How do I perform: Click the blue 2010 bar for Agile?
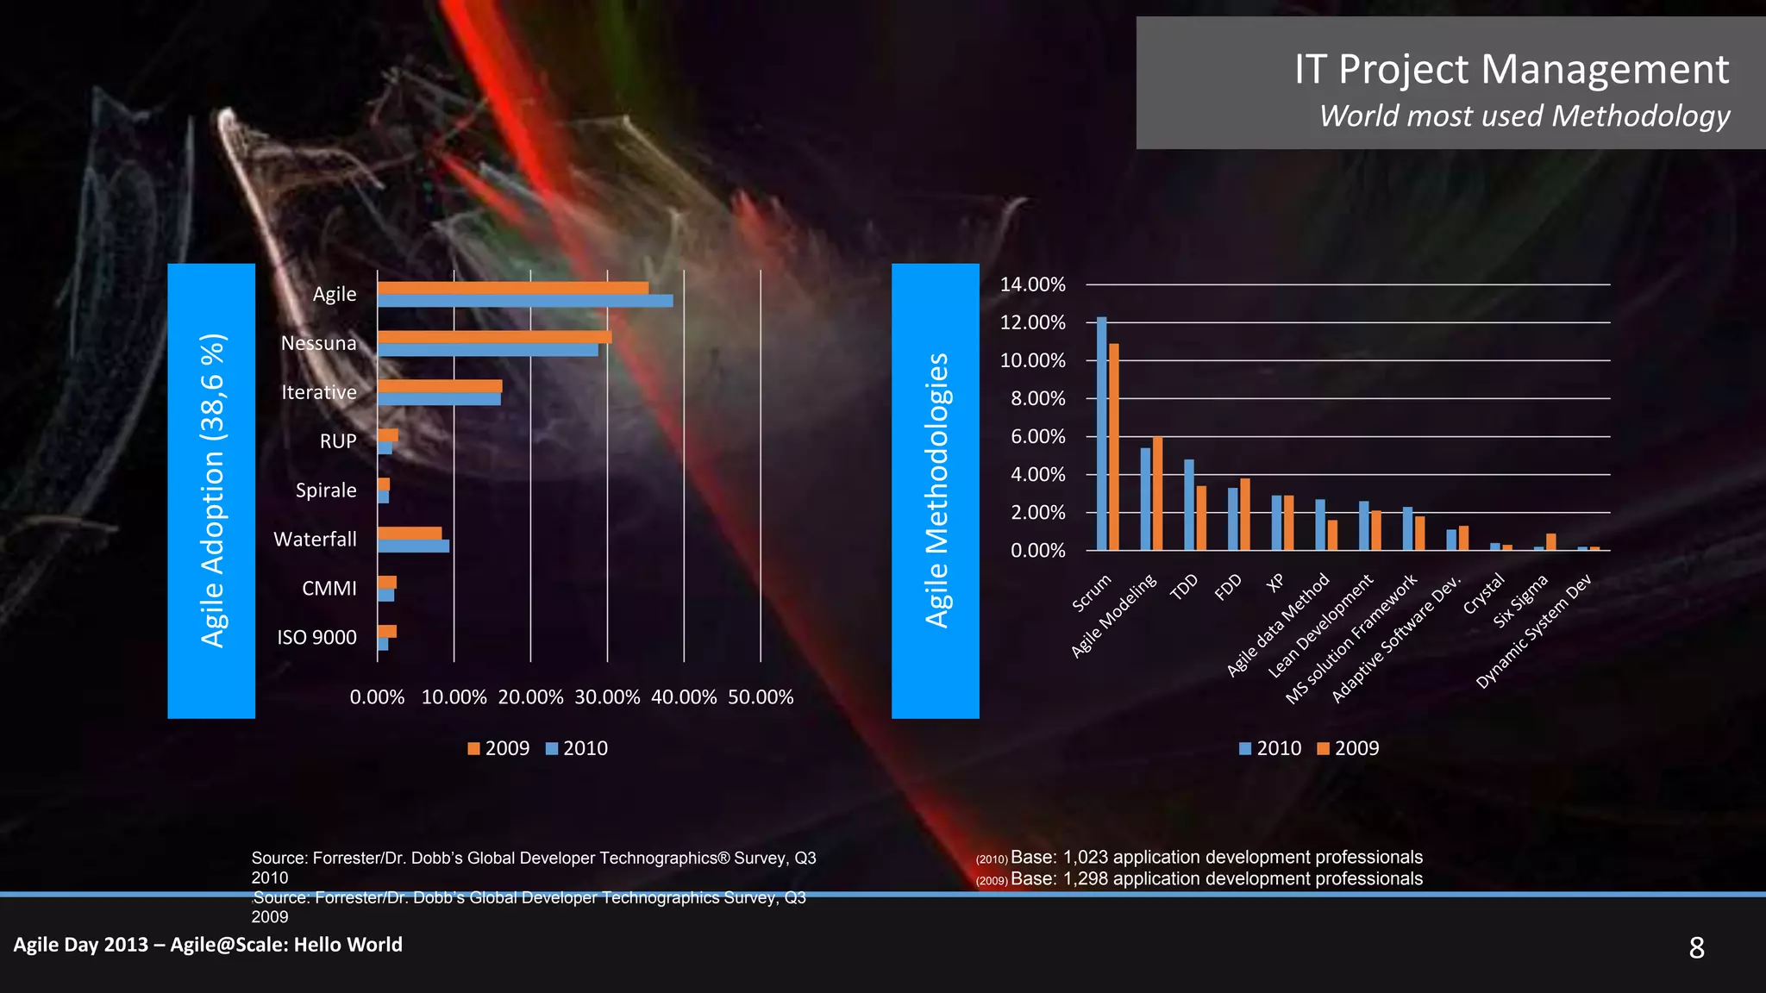[524, 301]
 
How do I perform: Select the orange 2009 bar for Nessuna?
[494, 337]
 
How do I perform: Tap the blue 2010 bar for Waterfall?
[413, 546]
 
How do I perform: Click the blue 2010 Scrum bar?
[1101, 434]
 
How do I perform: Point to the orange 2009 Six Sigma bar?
[1550, 542]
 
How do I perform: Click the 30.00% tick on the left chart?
[607, 697]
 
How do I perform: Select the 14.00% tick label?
[1032, 284]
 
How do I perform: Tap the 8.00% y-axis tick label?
[1037, 398]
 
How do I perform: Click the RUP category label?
[338, 441]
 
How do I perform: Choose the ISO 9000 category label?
[316, 637]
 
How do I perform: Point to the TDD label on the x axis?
[1184, 586]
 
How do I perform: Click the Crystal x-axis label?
[1483, 594]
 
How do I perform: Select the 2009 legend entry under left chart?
[498, 748]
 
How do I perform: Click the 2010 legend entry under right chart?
[1270, 748]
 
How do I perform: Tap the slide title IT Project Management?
[1511, 69]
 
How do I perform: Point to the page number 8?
[1696, 948]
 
